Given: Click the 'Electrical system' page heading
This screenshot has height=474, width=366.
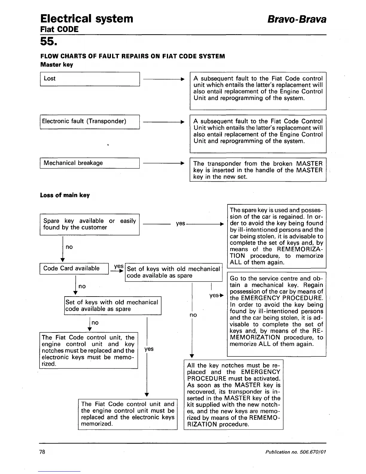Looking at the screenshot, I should click(x=87, y=19).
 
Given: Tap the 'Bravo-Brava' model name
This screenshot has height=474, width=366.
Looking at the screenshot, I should click(x=297, y=19).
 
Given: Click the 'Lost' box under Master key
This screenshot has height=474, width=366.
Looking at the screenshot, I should click(x=90, y=79).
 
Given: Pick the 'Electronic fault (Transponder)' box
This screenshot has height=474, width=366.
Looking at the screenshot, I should click(x=90, y=121).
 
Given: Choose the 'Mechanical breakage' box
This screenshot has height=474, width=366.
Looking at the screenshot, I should click(x=90, y=163).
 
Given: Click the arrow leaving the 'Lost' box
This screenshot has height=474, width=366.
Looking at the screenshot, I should click(x=164, y=79).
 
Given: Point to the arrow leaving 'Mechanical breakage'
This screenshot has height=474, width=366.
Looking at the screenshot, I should click(x=164, y=163).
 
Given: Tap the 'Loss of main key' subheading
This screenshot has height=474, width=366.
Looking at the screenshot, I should click(x=65, y=195).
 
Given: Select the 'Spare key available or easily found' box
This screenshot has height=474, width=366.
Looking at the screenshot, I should click(x=90, y=224).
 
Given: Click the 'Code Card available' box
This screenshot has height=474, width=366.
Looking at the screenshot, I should click(x=74, y=268).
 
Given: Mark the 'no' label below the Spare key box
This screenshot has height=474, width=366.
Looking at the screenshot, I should click(x=69, y=247).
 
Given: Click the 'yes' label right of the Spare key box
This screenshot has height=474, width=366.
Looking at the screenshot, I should click(x=180, y=224).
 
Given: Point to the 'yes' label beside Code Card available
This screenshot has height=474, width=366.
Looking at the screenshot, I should click(x=119, y=266).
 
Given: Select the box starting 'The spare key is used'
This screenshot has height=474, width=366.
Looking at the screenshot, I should click(x=277, y=236).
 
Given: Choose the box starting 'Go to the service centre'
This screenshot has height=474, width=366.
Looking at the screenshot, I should click(x=277, y=314).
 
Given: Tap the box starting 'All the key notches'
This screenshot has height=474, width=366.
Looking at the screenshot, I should click(x=233, y=395).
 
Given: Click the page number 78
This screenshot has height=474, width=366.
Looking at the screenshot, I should click(x=42, y=452).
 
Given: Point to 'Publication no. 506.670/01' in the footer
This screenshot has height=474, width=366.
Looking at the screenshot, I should click(x=295, y=452).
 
